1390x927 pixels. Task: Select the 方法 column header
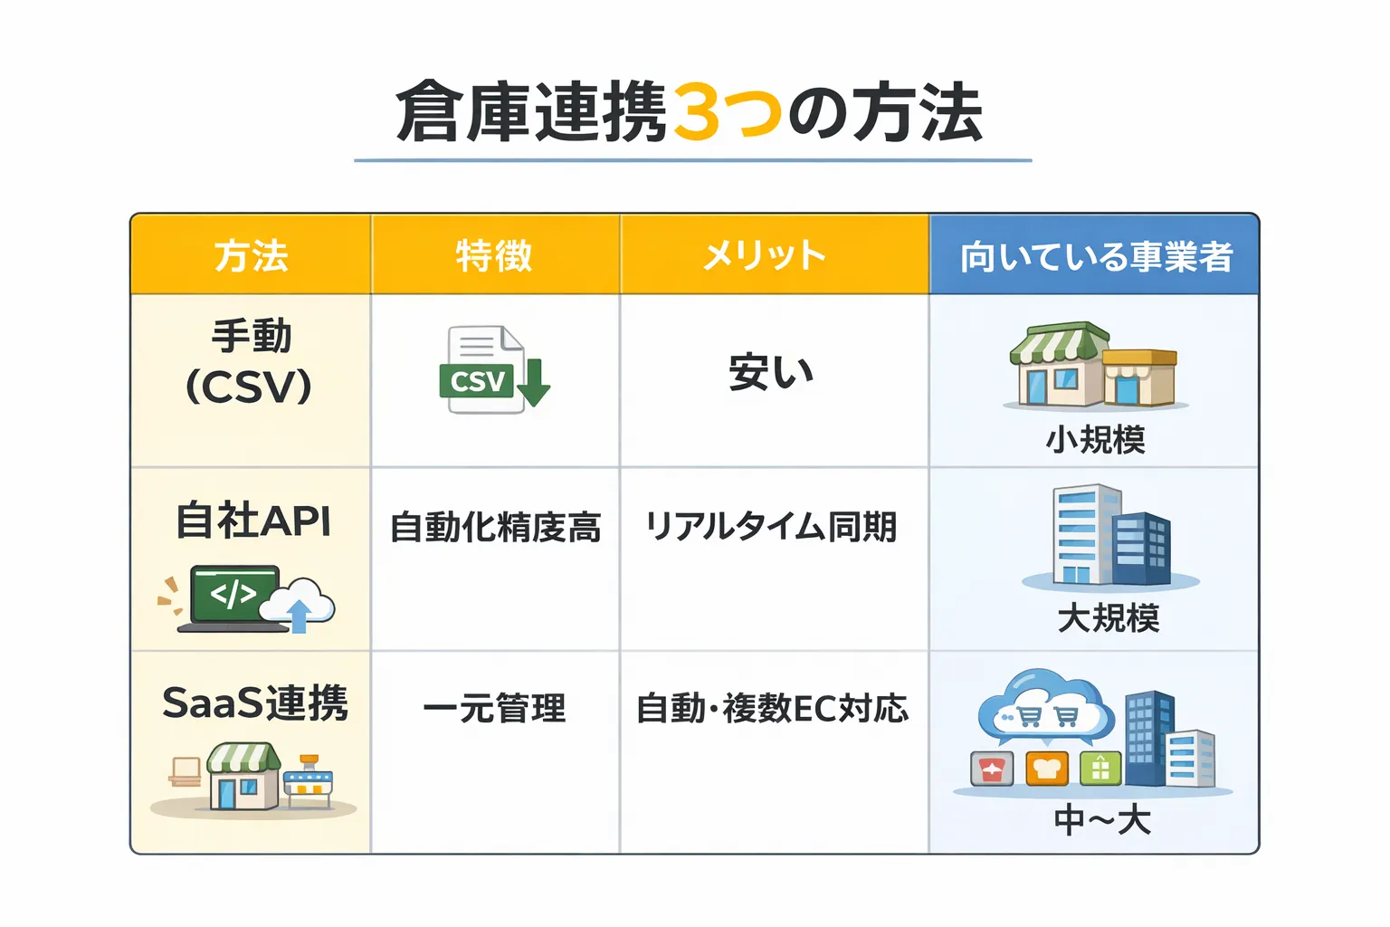251,256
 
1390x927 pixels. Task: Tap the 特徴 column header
494,256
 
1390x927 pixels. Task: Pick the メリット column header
765,256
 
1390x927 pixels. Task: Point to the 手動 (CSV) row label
250,361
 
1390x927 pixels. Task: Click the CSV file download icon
493,370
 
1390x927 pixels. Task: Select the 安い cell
771,372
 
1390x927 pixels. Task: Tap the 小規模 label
1095,440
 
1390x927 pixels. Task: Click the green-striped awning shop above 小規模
1059,363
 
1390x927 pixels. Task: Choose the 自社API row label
252,521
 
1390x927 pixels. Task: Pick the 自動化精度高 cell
495,527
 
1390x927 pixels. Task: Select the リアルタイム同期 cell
771,527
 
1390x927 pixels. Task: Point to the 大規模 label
1108,619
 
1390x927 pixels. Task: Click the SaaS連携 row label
254,703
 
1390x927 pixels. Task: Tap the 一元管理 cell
494,708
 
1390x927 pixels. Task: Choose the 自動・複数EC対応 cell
772,708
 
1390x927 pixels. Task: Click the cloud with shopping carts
1046,707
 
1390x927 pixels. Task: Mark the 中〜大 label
1101,821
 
